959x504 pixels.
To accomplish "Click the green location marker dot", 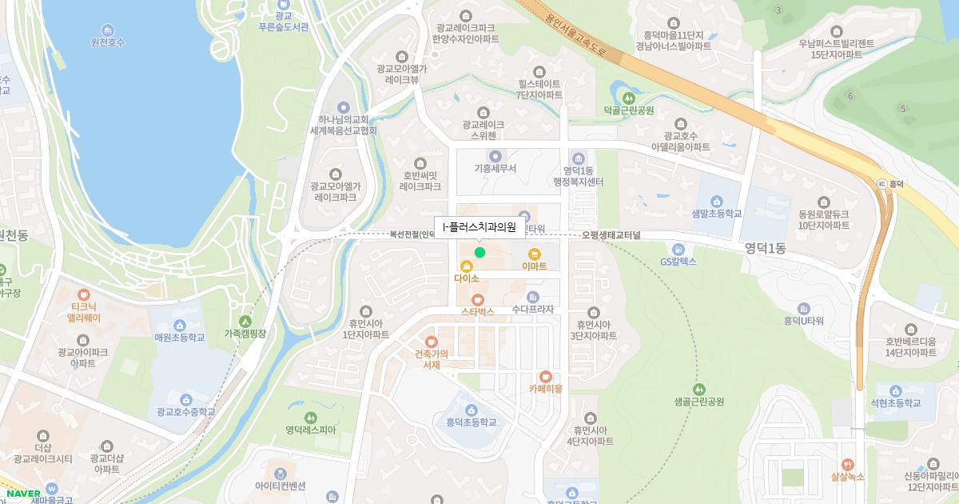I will (479, 253).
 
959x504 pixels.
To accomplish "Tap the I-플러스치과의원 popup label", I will (479, 228).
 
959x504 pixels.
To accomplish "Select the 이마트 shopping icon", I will (534, 254).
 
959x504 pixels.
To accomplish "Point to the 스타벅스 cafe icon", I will (478, 298).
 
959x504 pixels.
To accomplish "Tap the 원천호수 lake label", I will (108, 42).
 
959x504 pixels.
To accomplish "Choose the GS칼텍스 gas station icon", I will (679, 250).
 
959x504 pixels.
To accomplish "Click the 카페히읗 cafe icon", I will (545, 376).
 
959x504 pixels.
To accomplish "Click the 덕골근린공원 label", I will (629, 110).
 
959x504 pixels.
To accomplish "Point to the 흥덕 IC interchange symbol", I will (882, 183).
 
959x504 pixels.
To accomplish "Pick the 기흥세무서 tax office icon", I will (495, 156).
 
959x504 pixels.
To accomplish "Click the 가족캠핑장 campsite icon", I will (245, 321).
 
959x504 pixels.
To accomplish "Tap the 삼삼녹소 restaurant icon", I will (848, 464).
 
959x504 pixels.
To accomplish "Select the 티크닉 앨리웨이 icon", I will (84, 294).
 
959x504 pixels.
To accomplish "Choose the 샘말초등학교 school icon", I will (717, 201).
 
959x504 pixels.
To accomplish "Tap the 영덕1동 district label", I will (765, 248).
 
